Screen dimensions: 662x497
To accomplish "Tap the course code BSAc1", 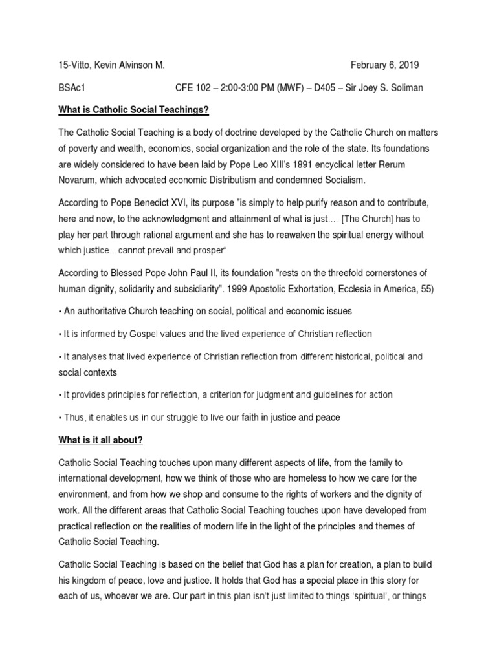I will pos(72,87).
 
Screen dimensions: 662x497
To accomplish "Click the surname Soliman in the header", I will pos(405,87).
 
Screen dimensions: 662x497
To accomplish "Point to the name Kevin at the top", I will pos(98,65).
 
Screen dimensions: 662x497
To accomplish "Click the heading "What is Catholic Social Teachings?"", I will pos(134,110).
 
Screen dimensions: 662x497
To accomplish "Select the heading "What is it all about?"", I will pos(100,440).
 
